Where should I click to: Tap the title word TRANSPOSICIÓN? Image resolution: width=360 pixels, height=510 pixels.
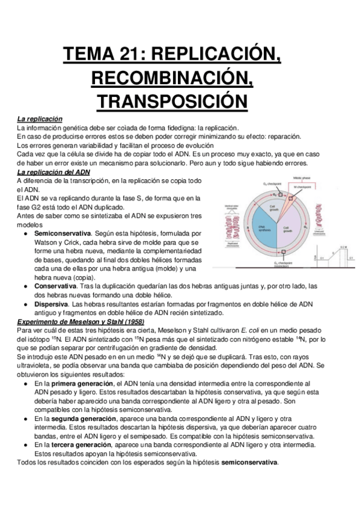pos(180,100)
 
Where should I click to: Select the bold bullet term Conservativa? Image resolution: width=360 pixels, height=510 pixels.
pos(58,286)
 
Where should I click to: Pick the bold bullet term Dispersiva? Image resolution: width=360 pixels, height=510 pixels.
pos(53,304)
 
